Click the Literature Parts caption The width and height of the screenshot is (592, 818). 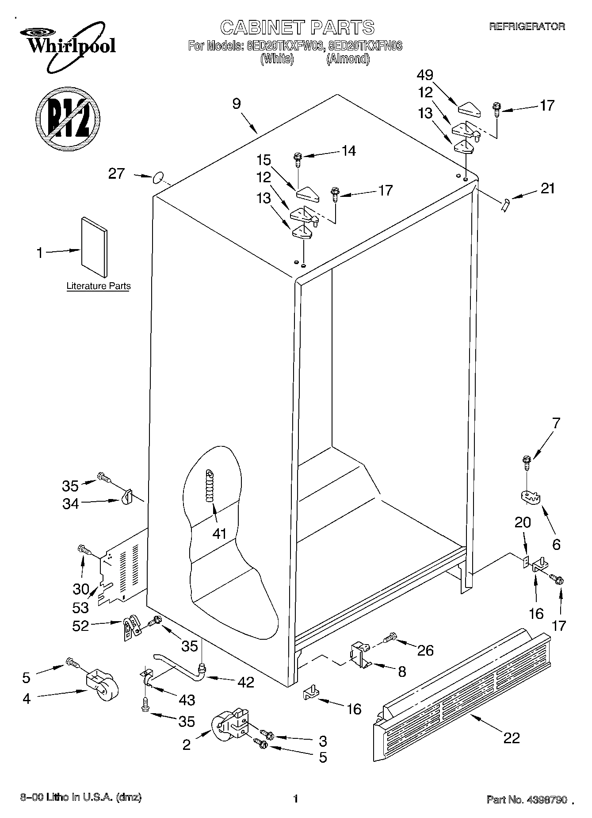(99, 286)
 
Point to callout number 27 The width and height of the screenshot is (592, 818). (117, 174)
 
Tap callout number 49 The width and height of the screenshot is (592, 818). (425, 75)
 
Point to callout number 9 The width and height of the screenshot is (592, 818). (237, 104)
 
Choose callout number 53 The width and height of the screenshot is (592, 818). (80, 607)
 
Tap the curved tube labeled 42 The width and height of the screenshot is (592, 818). (181, 664)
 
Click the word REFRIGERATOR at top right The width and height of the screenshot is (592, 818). (527, 27)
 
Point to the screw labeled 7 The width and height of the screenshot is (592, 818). (527, 463)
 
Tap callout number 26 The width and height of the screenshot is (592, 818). (425, 650)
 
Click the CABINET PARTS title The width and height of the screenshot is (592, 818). (297, 27)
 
